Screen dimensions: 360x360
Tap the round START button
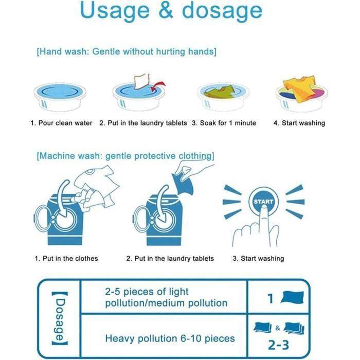coord(263,202)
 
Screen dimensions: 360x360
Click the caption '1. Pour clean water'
coord(61,123)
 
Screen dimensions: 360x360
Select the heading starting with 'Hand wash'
coord(127,52)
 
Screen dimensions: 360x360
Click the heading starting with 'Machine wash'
coord(125,156)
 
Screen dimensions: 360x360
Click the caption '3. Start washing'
coord(258,259)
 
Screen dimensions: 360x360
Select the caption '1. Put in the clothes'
coord(66,259)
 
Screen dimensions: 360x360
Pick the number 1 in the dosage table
coord(270,298)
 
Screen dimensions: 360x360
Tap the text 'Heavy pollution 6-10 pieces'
coord(170,338)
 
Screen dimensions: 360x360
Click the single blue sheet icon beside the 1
coord(292,297)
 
